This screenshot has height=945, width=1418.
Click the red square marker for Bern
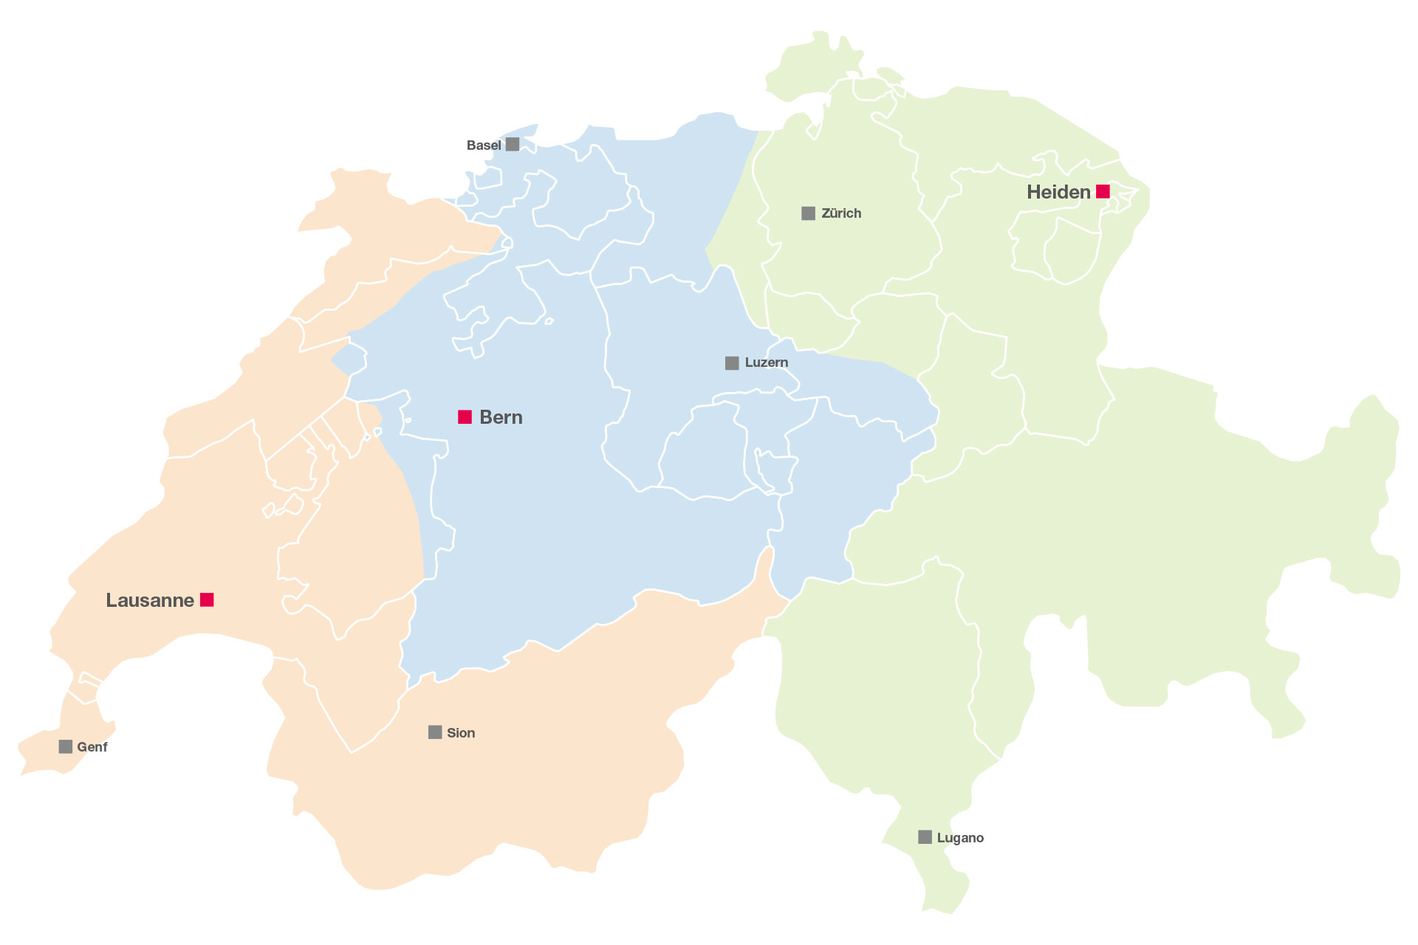(x=465, y=417)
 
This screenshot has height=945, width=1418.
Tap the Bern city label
(x=501, y=417)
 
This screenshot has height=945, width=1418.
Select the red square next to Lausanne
(x=207, y=599)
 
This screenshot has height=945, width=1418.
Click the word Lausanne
(x=150, y=600)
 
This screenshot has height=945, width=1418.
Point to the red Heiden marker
(x=1103, y=191)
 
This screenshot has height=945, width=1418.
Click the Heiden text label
(x=1058, y=192)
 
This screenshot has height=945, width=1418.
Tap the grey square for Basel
(x=513, y=144)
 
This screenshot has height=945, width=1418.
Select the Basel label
(x=484, y=145)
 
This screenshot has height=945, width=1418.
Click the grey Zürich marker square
(x=809, y=213)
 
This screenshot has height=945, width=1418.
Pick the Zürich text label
(x=841, y=213)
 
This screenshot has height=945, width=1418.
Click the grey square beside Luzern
(x=732, y=362)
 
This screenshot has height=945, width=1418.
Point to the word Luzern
(x=767, y=362)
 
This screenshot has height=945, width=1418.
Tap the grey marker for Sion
(x=435, y=732)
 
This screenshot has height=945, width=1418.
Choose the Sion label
(x=461, y=733)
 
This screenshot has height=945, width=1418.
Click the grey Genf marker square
(x=66, y=746)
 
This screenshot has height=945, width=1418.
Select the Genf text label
(x=92, y=747)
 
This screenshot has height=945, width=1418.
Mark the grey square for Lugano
(x=925, y=836)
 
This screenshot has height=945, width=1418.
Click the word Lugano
(x=960, y=838)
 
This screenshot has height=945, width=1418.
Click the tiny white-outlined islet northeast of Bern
(x=549, y=321)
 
